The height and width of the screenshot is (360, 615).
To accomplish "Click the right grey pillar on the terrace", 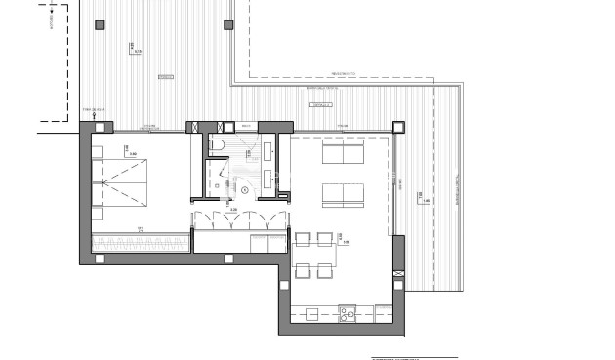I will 228,23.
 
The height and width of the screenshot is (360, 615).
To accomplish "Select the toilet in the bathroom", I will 218,146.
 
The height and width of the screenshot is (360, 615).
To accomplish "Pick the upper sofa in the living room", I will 343,155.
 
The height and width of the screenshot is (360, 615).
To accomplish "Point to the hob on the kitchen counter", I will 347,313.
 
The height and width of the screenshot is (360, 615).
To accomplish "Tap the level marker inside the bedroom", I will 129,151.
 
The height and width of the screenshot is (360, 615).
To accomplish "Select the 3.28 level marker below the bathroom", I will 231,207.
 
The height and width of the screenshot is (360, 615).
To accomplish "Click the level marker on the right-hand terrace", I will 421,200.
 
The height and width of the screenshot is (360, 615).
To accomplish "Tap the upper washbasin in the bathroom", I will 266,152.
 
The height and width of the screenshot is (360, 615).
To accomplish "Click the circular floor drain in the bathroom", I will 231,189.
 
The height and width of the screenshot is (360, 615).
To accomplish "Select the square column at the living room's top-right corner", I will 397,126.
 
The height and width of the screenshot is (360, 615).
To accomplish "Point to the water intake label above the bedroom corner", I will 98,109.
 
